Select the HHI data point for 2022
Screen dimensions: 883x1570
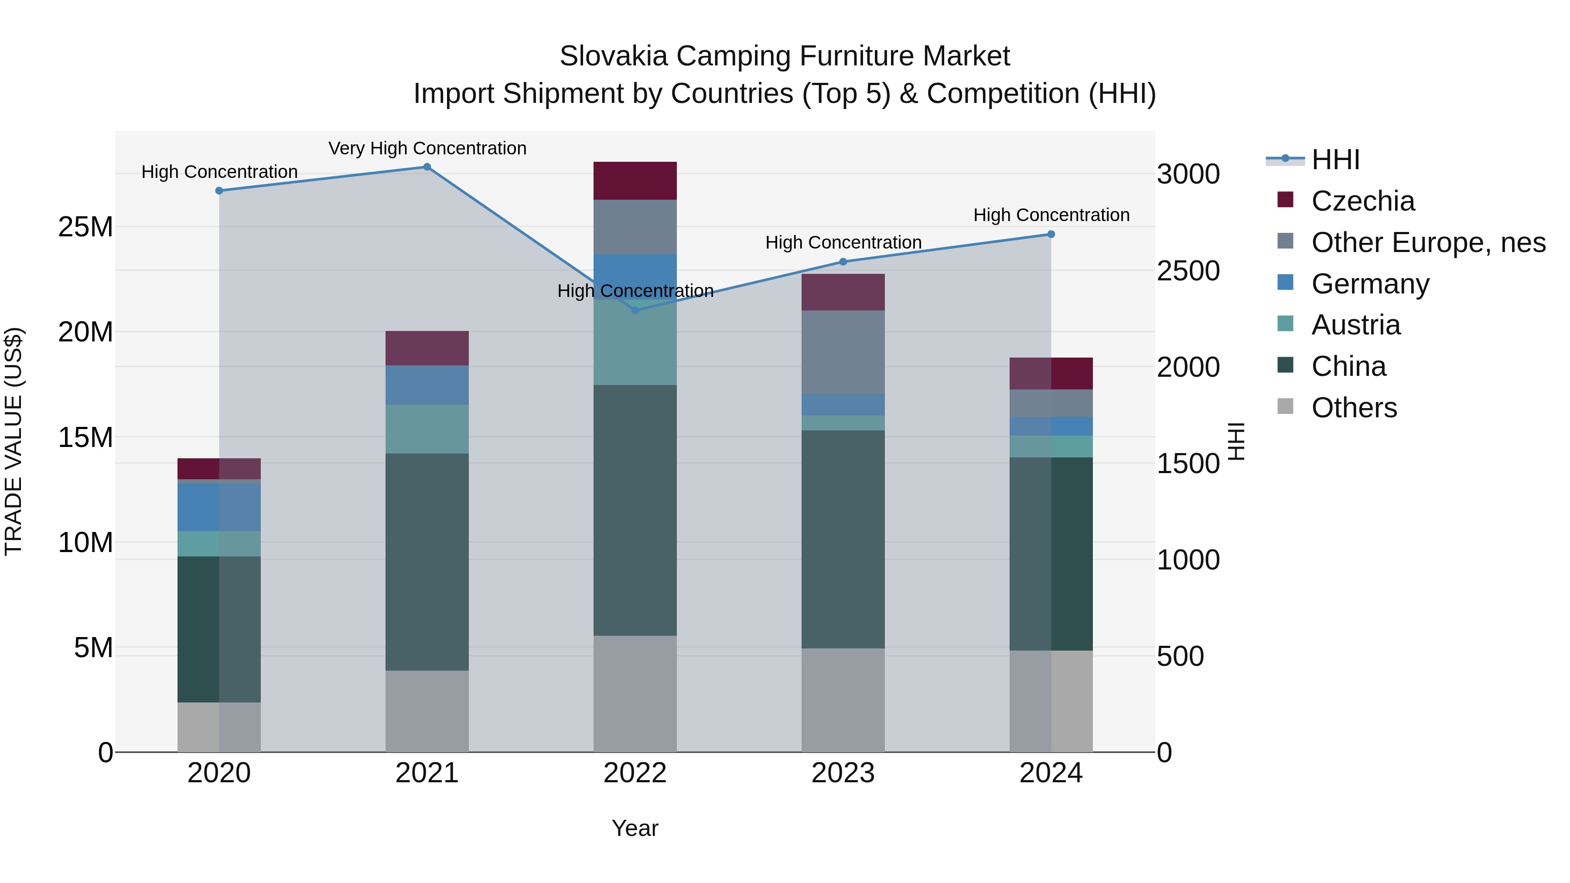pyautogui.click(x=635, y=310)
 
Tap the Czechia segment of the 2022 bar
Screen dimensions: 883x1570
pyautogui.click(x=635, y=181)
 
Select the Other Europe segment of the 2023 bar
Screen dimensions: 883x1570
pyautogui.click(x=843, y=352)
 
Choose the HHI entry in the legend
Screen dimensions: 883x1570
pyautogui.click(x=1335, y=160)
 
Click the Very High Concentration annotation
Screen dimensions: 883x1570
pyautogui.click(x=427, y=148)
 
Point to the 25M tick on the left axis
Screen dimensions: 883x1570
pyautogui.click(x=85, y=227)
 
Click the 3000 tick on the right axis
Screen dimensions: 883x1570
pyautogui.click(x=1188, y=174)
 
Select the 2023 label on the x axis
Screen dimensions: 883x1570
pyautogui.click(x=843, y=773)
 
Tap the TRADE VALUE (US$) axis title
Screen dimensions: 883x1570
pyautogui.click(x=14, y=441)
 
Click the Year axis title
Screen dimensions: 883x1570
pyautogui.click(x=635, y=828)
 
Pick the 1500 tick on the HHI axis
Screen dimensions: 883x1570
pyautogui.click(x=1188, y=464)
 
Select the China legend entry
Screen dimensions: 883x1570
pyautogui.click(x=1348, y=367)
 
